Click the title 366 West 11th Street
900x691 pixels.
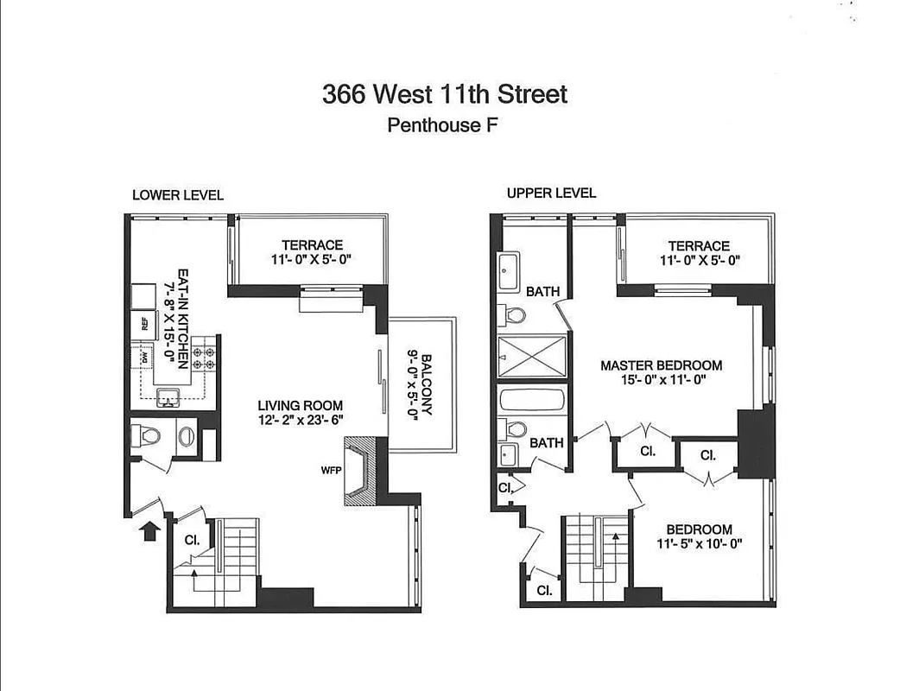click(x=445, y=93)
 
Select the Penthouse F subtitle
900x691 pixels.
click(x=444, y=125)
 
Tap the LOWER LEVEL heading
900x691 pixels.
click(x=178, y=195)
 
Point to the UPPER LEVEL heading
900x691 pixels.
click(x=551, y=193)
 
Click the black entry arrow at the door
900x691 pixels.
click(x=149, y=529)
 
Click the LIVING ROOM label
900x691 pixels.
click(x=300, y=405)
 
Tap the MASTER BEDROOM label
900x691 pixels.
click(x=661, y=365)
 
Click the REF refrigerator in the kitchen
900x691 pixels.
click(x=143, y=325)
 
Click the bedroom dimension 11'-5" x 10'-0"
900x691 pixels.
click(x=700, y=544)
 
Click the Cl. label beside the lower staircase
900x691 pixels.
click(x=193, y=540)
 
